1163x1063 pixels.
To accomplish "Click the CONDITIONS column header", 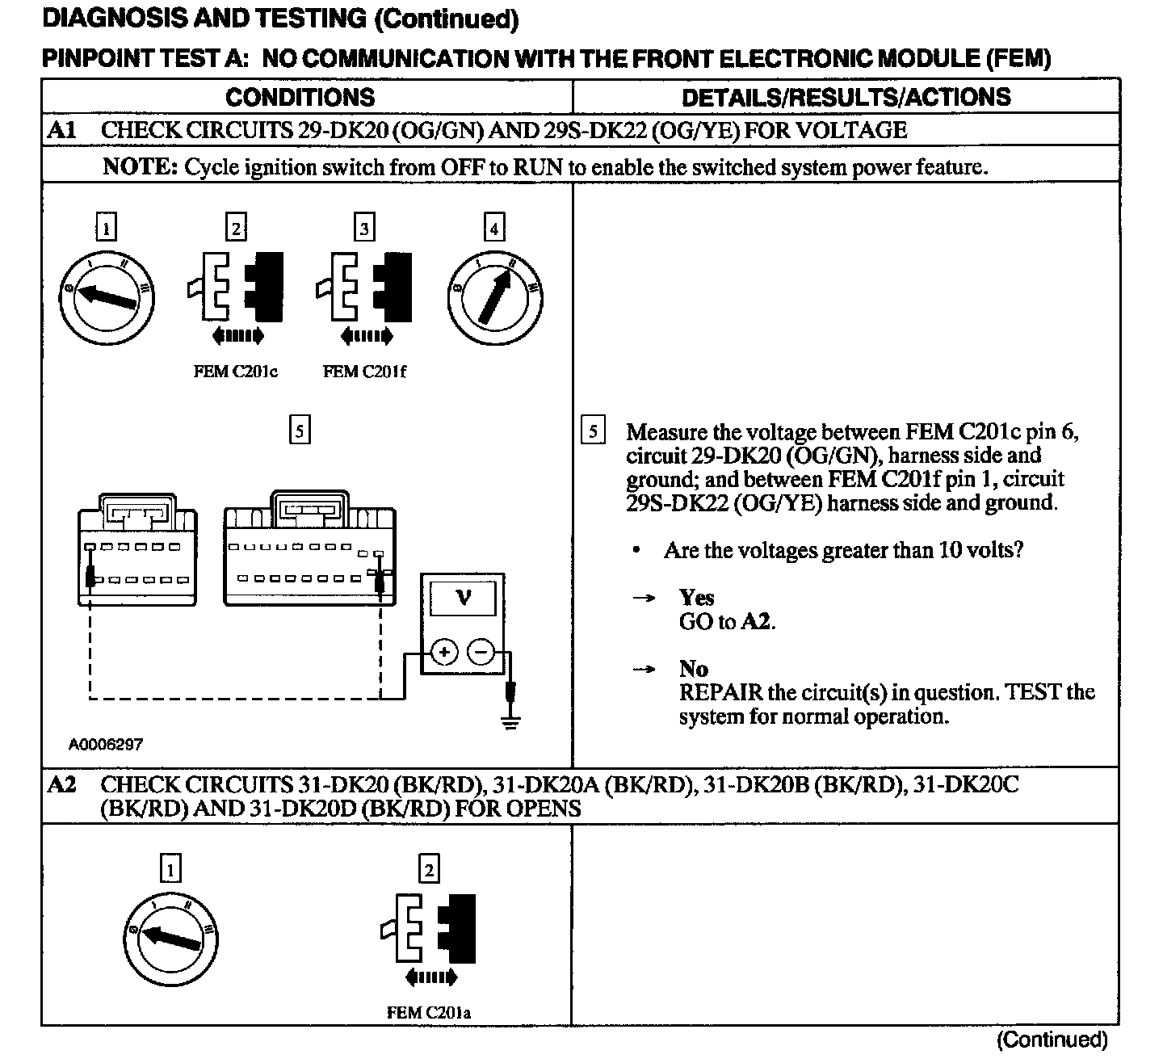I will coord(300,98).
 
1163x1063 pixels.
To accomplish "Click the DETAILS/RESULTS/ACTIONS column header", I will coord(846,98).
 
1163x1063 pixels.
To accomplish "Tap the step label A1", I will coord(61,130).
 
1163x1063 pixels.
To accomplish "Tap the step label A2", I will coord(61,784).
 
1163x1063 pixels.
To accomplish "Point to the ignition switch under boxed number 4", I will coord(495,300).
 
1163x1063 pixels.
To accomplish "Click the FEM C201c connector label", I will coord(235,372).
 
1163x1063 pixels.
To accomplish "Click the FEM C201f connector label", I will coord(364,372).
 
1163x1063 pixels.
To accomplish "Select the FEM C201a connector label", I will coord(429,1012).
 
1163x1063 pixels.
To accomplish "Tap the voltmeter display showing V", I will coord(463,599).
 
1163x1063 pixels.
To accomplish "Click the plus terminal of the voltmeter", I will coord(443,652).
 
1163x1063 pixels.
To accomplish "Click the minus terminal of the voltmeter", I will coord(481,652).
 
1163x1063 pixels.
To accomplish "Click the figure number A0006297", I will coord(106,744).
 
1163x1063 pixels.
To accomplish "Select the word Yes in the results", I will coord(696,598).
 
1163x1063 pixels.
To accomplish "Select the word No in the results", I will coord(693,669).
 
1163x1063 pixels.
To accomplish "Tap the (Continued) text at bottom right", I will coord(1052,1040).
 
